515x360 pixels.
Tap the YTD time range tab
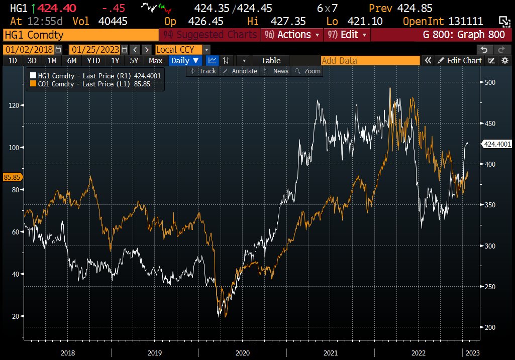tap(93, 60)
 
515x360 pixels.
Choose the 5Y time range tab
tap(134, 60)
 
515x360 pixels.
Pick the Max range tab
tap(156, 60)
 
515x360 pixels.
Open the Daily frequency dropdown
tap(185, 60)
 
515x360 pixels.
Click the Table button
tap(271, 60)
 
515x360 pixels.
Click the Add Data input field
tap(370, 60)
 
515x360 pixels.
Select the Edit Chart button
tap(460, 60)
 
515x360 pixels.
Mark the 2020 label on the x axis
tap(242, 353)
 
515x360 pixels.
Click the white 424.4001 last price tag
tap(496, 144)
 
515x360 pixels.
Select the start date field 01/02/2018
tap(29, 49)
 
